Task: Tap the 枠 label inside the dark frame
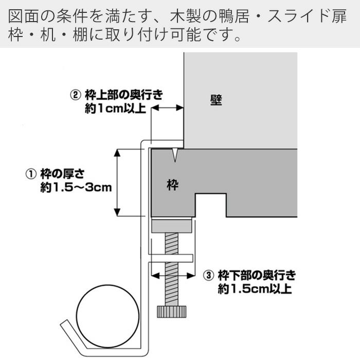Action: pyautogui.click(x=173, y=185)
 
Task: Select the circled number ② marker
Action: pyautogui.click(x=75, y=95)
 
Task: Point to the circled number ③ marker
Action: pyautogui.click(x=208, y=275)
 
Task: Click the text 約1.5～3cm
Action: pyautogui.click(x=76, y=188)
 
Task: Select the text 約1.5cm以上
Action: pyautogui.click(x=255, y=289)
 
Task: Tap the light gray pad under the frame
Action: pyautogui.click(x=172, y=225)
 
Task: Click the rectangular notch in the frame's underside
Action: pyautogui.click(x=211, y=205)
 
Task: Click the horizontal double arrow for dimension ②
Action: pyautogui.click(x=167, y=108)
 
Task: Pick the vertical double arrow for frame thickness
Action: pyautogui.click(x=118, y=182)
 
